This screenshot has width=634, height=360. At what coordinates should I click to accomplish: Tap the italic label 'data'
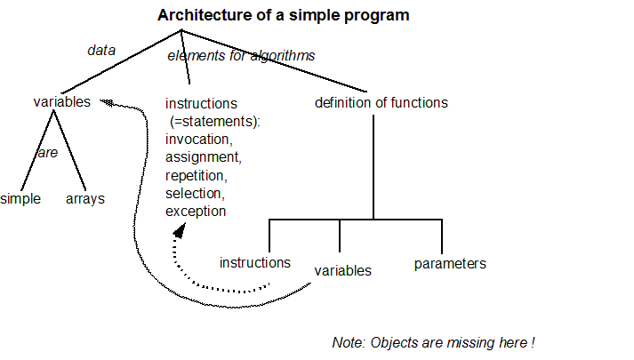point(101,50)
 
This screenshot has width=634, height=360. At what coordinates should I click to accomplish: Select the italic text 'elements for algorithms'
point(241,56)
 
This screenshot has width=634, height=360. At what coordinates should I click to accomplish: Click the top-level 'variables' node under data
point(61,101)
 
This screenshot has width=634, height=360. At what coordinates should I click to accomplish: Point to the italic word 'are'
point(47,152)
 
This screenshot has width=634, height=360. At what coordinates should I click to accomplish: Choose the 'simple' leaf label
point(20,198)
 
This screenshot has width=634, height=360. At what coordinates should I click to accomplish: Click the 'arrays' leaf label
point(85,198)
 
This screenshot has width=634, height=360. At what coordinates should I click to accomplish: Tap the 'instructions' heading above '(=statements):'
point(201,103)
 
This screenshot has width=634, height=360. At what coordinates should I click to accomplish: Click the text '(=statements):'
point(213,121)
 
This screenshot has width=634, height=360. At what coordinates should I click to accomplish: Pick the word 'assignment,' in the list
point(203,156)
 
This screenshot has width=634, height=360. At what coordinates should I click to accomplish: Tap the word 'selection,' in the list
point(196,193)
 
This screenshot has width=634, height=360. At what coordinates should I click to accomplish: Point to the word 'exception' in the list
point(196,211)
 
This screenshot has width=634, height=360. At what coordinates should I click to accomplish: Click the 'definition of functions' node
point(381,102)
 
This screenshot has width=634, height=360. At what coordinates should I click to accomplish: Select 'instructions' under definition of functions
point(255,262)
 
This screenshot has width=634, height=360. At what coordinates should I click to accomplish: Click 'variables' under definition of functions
point(343,269)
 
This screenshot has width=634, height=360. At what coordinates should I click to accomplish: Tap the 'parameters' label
point(450,263)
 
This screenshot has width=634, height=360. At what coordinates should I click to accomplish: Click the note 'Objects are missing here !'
point(434,342)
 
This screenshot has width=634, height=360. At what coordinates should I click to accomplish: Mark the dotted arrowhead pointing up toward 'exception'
point(180,231)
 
